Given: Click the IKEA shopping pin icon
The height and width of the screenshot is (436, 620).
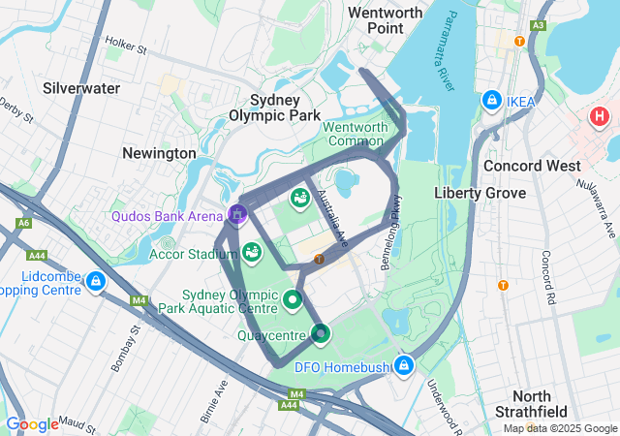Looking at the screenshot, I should [x=492, y=101].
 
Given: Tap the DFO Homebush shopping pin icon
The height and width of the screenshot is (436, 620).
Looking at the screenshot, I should [x=404, y=366].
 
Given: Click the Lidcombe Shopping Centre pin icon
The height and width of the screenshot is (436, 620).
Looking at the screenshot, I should [x=95, y=281].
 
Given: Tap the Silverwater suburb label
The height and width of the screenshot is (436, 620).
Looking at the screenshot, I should [x=81, y=88].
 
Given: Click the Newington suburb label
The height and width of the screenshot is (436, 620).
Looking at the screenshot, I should [x=159, y=153].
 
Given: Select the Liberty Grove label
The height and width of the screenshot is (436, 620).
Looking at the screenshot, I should [x=480, y=193].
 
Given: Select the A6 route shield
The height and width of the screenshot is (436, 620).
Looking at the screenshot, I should [x=22, y=225].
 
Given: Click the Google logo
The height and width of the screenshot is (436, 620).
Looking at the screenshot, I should [x=32, y=423].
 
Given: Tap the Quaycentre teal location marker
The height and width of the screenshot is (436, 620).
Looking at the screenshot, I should [x=321, y=334].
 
